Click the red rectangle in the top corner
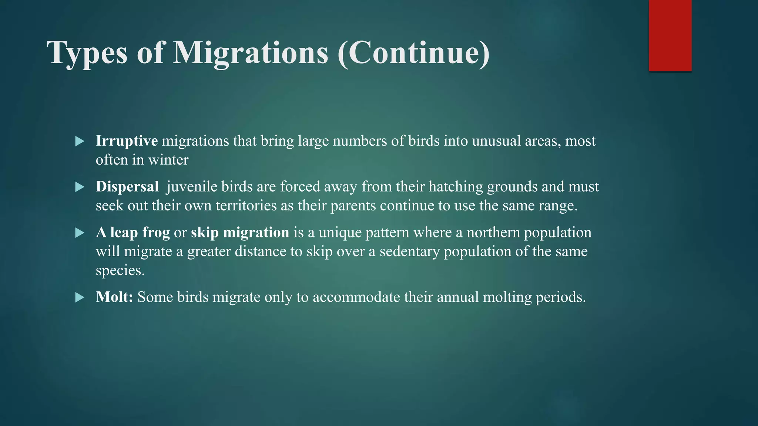pyautogui.click(x=670, y=35)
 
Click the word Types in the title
pyautogui.click(x=87, y=53)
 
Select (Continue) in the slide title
pyautogui.click(x=414, y=53)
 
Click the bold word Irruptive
pyautogui.click(x=127, y=141)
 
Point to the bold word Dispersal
pyautogui.click(x=127, y=187)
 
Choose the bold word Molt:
pyautogui.click(x=114, y=297)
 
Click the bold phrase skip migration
pyautogui.click(x=240, y=233)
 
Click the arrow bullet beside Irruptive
pyautogui.click(x=80, y=141)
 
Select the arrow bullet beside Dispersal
pyautogui.click(x=80, y=187)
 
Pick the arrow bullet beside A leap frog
pyautogui.click(x=80, y=233)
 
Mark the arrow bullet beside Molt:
pyautogui.click(x=80, y=297)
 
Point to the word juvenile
pyautogui.click(x=192, y=187)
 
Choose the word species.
pyautogui.click(x=120, y=271)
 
